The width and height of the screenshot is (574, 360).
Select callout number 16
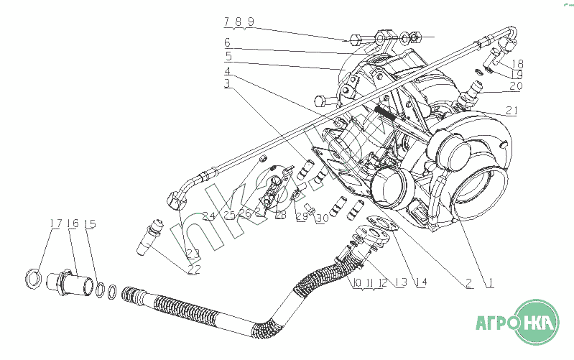click(73, 224)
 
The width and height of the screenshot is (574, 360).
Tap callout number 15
click(90, 224)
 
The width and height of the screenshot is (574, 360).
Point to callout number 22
click(193, 269)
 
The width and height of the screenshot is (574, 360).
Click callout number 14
click(420, 282)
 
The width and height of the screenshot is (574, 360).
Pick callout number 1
click(489, 282)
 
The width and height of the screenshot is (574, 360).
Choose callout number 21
click(511, 111)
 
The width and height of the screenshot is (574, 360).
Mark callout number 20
click(517, 86)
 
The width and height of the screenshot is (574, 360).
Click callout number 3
click(227, 84)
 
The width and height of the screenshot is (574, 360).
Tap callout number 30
click(323, 218)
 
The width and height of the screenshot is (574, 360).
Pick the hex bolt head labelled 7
click(356, 40)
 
